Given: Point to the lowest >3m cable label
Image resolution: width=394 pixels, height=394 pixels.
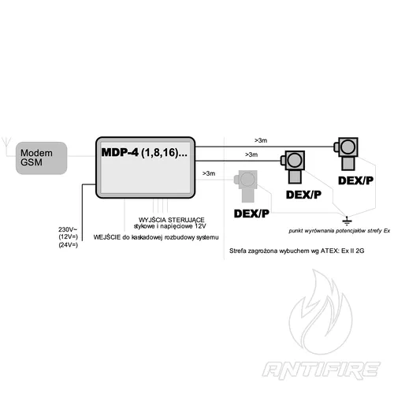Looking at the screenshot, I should coord(210,172).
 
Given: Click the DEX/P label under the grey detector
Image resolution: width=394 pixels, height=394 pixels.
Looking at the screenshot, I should coord(251,214).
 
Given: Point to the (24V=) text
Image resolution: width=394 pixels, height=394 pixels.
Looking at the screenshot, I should coord(69,247).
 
